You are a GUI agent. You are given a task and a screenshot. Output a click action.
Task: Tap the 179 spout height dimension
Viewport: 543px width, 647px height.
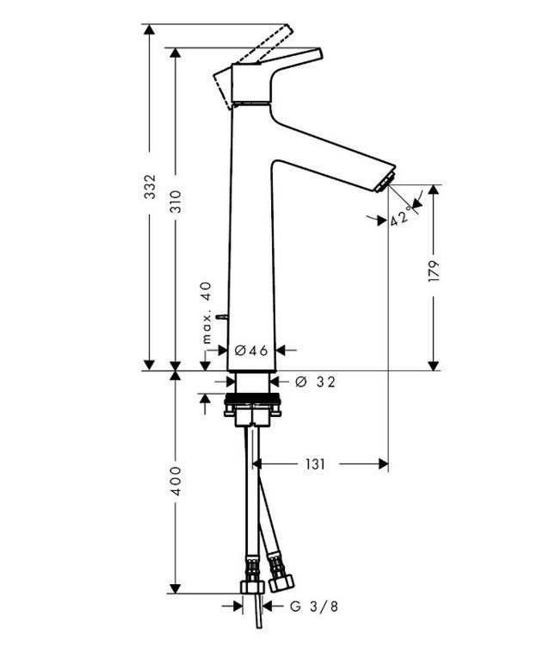pos(433,273)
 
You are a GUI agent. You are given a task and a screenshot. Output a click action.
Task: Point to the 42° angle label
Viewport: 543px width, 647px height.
pos(399,217)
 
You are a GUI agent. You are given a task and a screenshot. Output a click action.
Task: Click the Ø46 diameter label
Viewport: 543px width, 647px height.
pos(252,351)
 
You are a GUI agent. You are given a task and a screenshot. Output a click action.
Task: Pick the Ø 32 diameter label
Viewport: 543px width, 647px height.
pos(315,382)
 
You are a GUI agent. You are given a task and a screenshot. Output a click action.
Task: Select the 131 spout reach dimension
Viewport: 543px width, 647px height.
pos(315,464)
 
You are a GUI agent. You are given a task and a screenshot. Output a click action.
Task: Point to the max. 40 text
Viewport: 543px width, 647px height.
pos(206,313)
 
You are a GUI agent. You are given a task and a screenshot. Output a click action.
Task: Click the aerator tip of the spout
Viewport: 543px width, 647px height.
pos(385,180)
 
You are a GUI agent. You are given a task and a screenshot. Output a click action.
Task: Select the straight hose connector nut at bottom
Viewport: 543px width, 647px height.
pos(252,588)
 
